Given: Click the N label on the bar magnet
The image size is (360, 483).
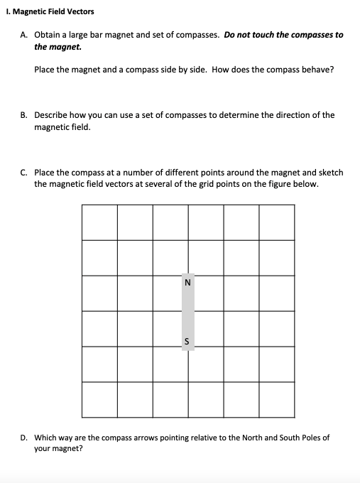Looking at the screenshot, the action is (187, 282).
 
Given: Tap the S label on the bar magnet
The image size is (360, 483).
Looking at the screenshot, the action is (187, 341).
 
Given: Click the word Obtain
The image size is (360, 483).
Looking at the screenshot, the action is (47, 35).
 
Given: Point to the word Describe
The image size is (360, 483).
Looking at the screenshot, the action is (52, 114).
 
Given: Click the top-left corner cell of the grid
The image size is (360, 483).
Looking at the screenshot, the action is (99, 222).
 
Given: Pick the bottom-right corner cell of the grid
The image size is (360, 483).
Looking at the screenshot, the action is (276, 399).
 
